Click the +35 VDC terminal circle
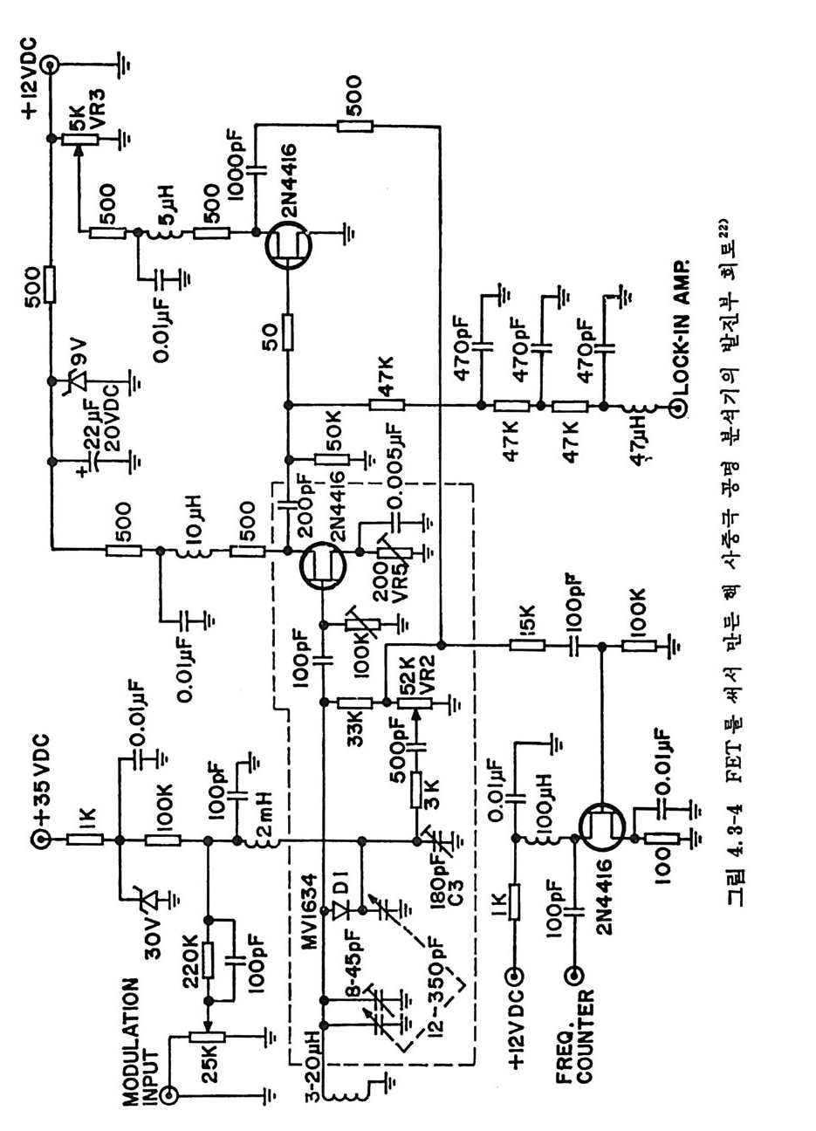click(x=41, y=840)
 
